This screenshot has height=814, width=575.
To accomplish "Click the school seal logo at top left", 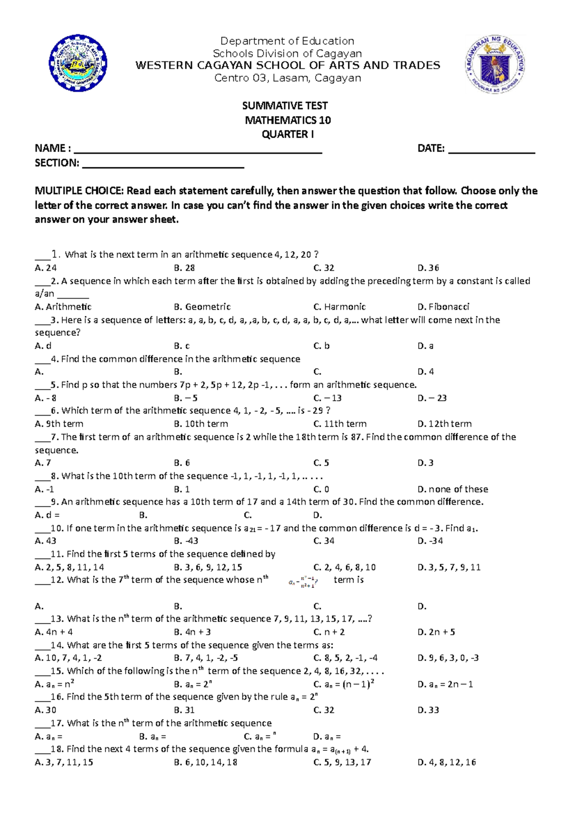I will pyautogui.click(x=78, y=63).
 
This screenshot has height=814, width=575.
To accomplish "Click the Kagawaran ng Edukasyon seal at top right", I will pyautogui.click(x=494, y=64).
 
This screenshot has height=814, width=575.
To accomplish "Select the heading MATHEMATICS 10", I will pyautogui.click(x=287, y=120).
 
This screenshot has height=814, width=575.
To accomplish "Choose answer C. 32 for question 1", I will pyautogui.click(x=323, y=268).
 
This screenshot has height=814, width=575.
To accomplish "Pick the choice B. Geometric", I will pyautogui.click(x=202, y=307).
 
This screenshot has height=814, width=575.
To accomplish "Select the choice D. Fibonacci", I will pyautogui.click(x=443, y=307).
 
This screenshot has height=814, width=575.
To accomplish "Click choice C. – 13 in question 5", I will pyautogui.click(x=327, y=398).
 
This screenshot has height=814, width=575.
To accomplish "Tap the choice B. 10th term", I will pyautogui.click(x=201, y=424).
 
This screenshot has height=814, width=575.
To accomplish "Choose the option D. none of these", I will pyautogui.click(x=452, y=489).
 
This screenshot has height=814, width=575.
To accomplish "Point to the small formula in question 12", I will pyautogui.click(x=302, y=582).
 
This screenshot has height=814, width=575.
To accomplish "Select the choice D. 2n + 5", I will pyautogui.click(x=436, y=632).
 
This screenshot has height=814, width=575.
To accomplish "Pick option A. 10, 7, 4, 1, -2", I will pyautogui.click(x=68, y=658).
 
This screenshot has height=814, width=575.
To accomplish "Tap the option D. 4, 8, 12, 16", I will pyautogui.click(x=446, y=762).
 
